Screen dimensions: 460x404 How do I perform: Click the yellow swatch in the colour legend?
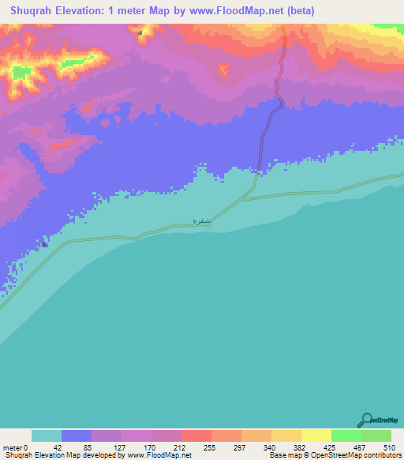click(316, 435)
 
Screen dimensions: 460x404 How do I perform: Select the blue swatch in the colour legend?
click(77, 435)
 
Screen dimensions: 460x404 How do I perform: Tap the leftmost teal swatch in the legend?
click(47, 435)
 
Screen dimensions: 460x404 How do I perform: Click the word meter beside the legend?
click(13, 447)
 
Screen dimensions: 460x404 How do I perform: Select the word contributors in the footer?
click(383, 455)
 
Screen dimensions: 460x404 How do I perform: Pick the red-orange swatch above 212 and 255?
click(196, 435)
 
